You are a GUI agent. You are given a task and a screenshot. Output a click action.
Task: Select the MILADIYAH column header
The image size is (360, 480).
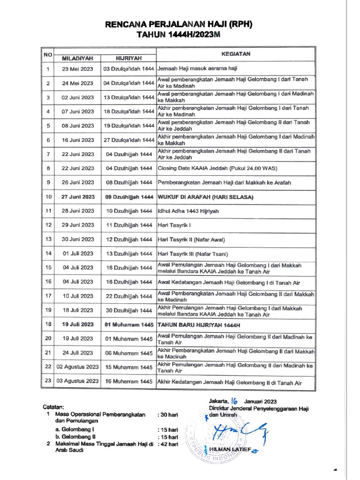[77, 59]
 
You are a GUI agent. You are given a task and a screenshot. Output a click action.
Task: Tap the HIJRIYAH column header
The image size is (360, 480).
[129, 59]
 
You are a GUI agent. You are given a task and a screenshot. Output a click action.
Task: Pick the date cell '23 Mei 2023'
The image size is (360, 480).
[77, 69]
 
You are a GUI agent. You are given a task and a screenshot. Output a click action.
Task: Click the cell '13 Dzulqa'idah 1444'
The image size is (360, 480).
[129, 97]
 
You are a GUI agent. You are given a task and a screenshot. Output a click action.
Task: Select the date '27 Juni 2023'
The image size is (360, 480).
[77, 197]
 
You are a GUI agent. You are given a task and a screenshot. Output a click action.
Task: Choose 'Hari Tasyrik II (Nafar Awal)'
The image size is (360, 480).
[191, 240]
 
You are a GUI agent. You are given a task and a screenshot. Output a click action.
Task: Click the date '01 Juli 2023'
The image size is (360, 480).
[77, 254]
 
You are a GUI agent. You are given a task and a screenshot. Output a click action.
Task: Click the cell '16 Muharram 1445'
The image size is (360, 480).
[129, 382]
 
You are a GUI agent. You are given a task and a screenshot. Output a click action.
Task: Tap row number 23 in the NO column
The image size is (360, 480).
[47, 381]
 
